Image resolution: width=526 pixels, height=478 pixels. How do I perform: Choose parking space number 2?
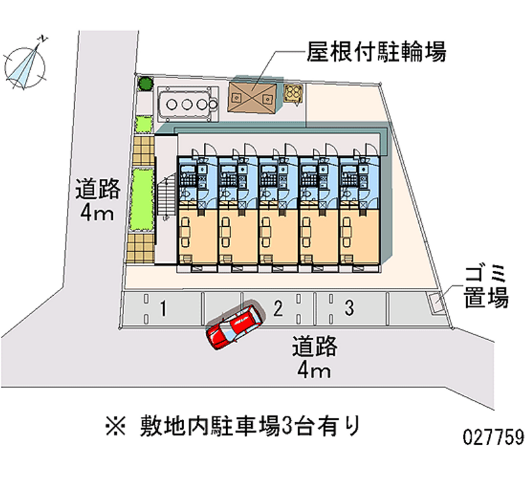click(x=278, y=307)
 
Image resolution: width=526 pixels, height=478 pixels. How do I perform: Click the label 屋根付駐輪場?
click(x=377, y=51)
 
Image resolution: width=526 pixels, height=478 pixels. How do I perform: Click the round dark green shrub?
click(x=145, y=84)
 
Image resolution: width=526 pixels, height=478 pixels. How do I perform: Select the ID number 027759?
click(x=492, y=436)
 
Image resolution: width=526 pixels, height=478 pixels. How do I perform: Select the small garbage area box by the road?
click(x=437, y=302)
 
